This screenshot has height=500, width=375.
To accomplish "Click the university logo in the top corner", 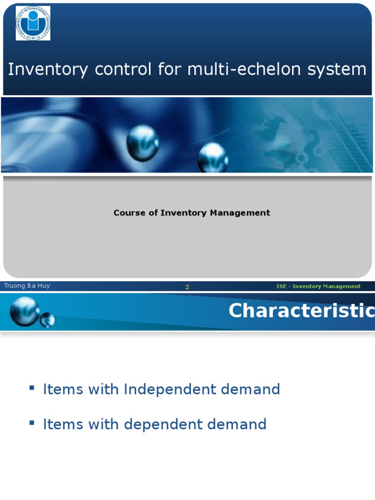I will click(33, 23).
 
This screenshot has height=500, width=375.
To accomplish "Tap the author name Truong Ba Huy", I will click(27, 286).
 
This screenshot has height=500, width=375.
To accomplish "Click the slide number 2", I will click(187, 287).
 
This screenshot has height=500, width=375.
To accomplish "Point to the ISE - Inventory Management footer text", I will click(318, 287).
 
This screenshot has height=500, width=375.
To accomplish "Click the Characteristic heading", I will click(301, 311).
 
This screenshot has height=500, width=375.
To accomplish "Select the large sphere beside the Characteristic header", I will click(25, 311).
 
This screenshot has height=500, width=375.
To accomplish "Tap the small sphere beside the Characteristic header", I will click(47, 320).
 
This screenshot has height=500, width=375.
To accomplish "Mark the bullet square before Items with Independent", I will click(32, 388).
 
